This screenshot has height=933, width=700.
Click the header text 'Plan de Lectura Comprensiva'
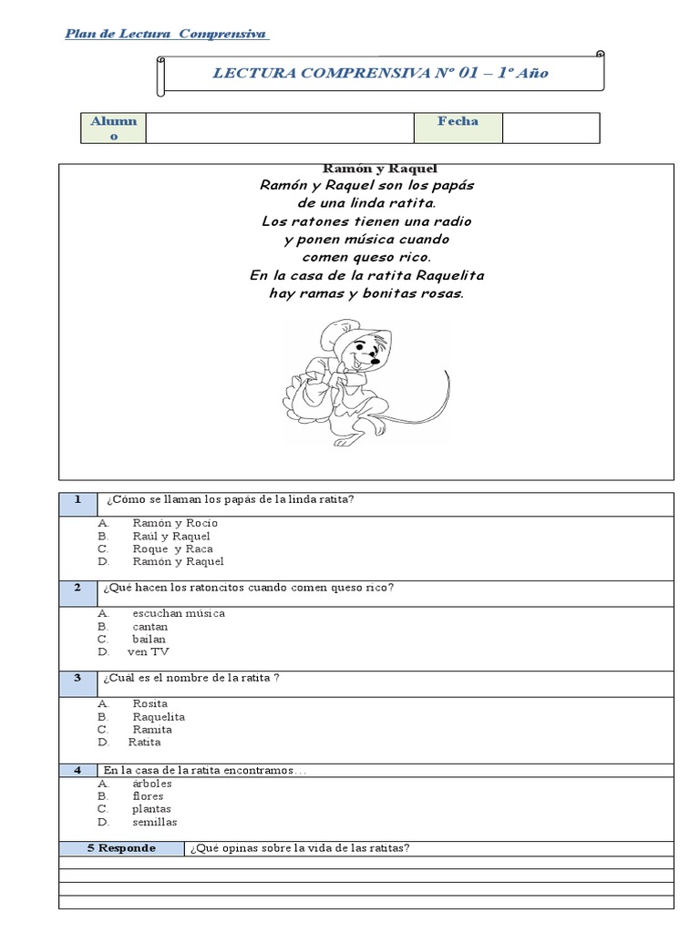pyautogui.click(x=166, y=35)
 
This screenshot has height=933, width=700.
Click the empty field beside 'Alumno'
pyautogui.click(x=279, y=128)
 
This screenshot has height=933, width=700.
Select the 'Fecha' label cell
pyautogui.click(x=458, y=128)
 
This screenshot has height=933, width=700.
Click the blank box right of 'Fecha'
pyautogui.click(x=551, y=128)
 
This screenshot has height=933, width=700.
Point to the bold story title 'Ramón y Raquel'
pyautogui.click(x=367, y=169)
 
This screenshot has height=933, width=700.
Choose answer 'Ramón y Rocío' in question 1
pyautogui.click(x=175, y=524)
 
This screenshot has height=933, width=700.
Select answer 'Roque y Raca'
pyautogui.click(x=172, y=549)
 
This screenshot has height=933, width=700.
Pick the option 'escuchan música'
pyautogui.click(x=179, y=613)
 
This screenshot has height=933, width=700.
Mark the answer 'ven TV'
pyautogui.click(x=149, y=651)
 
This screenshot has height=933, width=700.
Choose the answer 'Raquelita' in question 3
pyautogui.click(x=159, y=717)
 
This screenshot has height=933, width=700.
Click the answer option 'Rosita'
pyautogui.click(x=150, y=704)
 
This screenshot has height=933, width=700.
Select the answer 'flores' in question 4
pyautogui.click(x=148, y=796)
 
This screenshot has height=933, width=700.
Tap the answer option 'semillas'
pyautogui.click(x=155, y=822)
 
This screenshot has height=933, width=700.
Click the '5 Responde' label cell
pyautogui.click(x=122, y=848)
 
